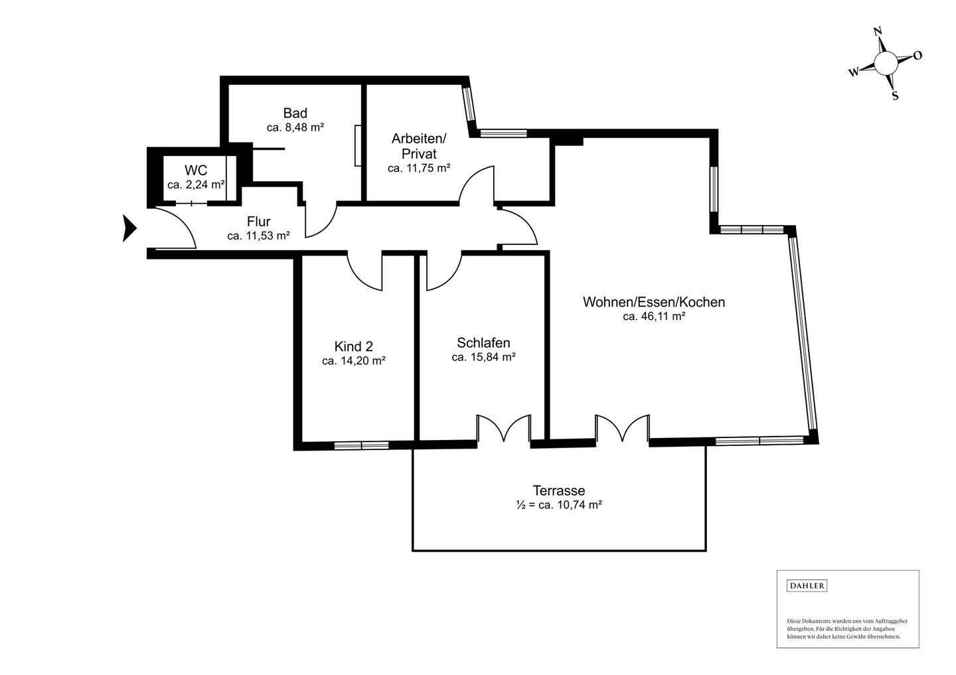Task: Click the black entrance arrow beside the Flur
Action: [129, 229]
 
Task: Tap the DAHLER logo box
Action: [807, 586]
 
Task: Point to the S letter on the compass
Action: [895, 96]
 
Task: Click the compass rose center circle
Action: [886, 64]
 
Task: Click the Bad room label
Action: [295, 113]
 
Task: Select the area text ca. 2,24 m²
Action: [196, 185]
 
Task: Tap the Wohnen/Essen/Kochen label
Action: [654, 302]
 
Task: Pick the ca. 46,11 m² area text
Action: [654, 316]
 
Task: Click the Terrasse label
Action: [559, 490]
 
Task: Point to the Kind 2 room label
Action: [353, 346]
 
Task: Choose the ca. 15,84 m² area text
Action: [483, 357]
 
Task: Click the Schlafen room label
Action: [483, 342]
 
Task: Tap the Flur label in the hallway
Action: [259, 222]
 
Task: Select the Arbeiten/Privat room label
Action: [419, 146]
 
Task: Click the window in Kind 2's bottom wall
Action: [361, 445]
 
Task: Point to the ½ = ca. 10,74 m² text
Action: [559, 504]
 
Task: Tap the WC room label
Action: [196, 170]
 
